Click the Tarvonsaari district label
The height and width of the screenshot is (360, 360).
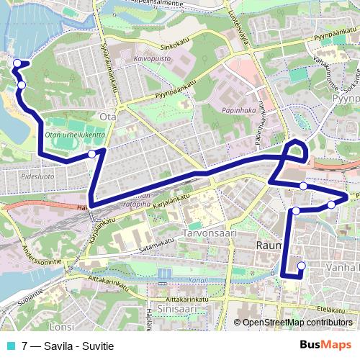click(205, 234)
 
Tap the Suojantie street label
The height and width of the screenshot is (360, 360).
click(35, 296)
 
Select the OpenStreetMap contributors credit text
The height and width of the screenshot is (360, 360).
click(297, 323)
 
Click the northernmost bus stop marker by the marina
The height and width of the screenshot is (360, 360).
click(17, 64)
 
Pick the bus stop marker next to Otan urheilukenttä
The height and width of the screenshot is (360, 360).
click(92, 154)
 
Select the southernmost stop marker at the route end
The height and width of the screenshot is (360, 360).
click(301, 266)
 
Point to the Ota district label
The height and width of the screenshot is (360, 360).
click(108, 115)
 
